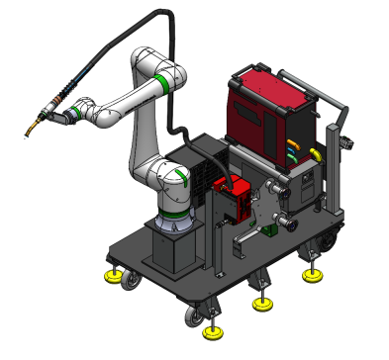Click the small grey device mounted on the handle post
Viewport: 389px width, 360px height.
346,142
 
